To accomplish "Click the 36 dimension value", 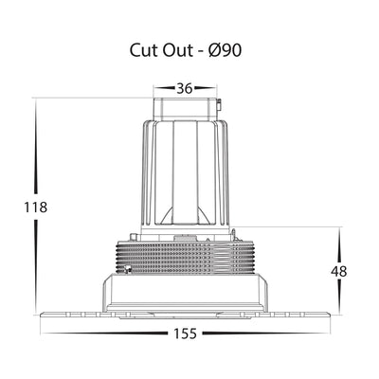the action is click(x=185, y=88).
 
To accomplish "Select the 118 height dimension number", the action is click(x=36, y=208).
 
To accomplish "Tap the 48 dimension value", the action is click(x=339, y=272).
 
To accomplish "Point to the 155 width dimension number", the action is click(x=185, y=334).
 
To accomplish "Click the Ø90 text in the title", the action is click(x=225, y=50).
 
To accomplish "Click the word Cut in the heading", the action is click(x=144, y=50).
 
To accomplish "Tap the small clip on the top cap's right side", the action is click(x=219, y=104).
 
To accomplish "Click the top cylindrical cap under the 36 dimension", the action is click(x=185, y=109).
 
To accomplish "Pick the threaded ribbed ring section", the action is click(x=186, y=258).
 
